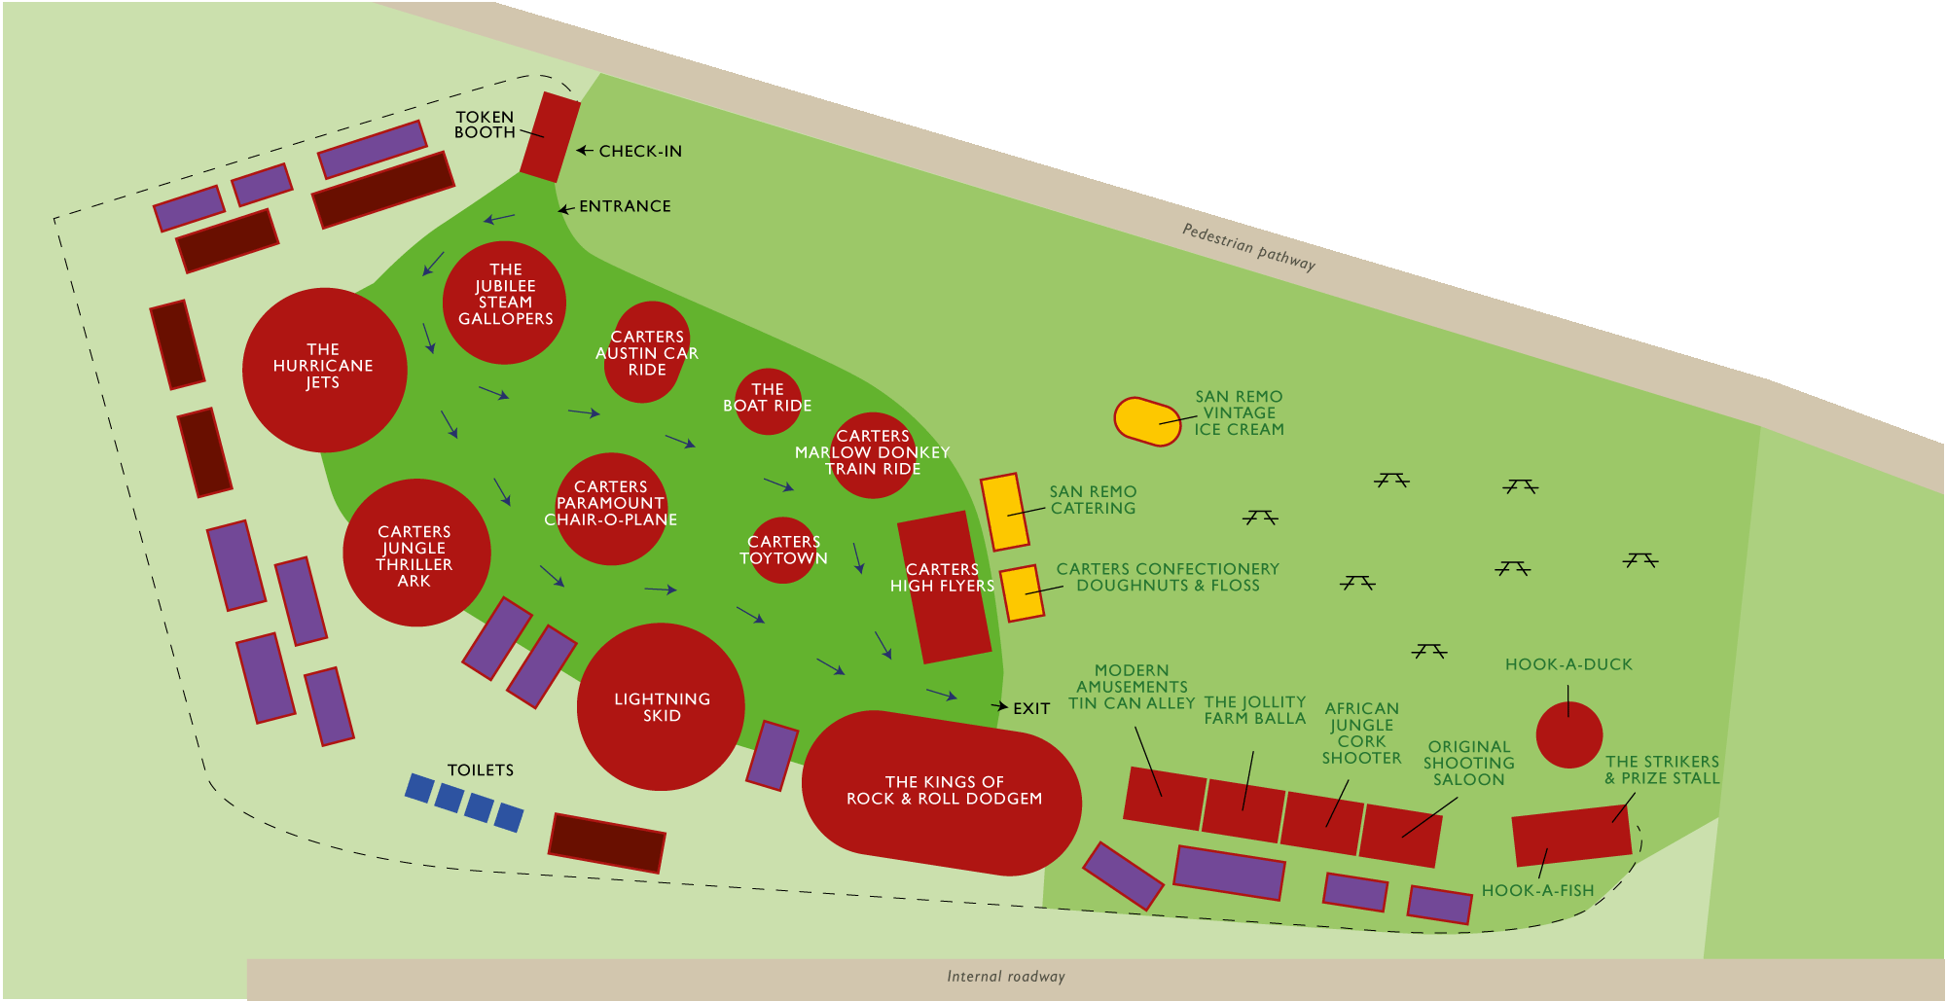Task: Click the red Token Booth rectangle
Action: tap(550, 137)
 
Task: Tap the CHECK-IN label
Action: tap(639, 151)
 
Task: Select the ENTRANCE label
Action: tap(624, 206)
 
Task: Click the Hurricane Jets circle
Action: tap(324, 370)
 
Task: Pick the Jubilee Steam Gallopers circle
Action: tap(504, 303)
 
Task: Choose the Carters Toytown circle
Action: tap(782, 550)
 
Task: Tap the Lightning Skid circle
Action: tap(661, 706)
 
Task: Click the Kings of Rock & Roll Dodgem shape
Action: tap(942, 793)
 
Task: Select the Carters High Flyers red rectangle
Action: tap(943, 587)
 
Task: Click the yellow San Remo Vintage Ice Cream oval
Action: tap(1147, 421)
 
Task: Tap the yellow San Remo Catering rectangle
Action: tap(1004, 512)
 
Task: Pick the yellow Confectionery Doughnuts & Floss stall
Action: tap(1022, 593)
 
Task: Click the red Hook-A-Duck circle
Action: tap(1568, 734)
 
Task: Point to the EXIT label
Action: tap(1030, 708)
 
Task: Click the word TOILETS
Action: tap(480, 769)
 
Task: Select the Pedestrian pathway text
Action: tap(1248, 246)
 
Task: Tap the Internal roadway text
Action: tap(1005, 977)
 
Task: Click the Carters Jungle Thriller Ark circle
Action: tap(416, 553)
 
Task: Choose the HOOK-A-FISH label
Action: tap(1537, 890)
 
